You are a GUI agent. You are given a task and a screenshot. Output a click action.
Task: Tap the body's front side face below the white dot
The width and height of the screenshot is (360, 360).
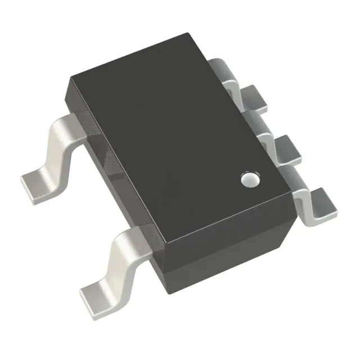[236, 247]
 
